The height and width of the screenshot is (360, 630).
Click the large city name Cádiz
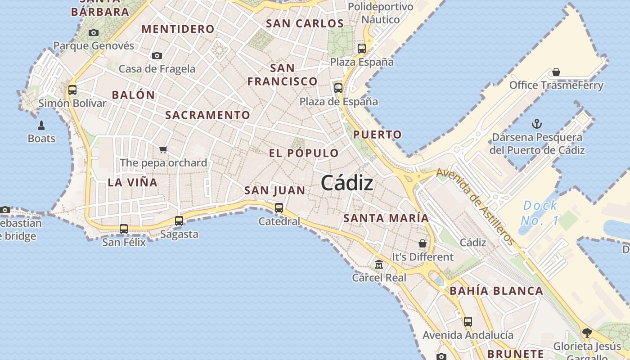[x=347, y=183]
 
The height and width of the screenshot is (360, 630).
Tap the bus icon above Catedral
[x=279, y=208]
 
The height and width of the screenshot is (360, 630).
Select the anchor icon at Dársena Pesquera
[x=536, y=124]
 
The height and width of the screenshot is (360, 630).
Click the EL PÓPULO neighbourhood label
[x=304, y=153]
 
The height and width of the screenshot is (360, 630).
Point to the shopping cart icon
[x=163, y=149]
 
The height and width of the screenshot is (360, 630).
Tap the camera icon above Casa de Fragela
[x=157, y=55]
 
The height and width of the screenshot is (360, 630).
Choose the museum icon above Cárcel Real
[x=379, y=264]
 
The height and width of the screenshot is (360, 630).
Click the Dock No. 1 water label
[x=540, y=213]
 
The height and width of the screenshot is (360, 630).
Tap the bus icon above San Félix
[x=124, y=229]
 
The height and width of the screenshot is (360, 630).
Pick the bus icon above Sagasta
[x=179, y=220]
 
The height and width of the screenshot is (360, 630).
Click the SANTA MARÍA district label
[x=386, y=218]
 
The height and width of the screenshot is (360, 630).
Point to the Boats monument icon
[x=41, y=125]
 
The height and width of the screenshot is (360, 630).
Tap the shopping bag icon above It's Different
[x=423, y=243]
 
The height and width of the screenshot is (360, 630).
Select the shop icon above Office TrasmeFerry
[x=556, y=72]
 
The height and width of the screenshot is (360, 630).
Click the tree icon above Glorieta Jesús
[x=587, y=333]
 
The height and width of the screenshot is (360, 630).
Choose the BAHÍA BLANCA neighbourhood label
[x=496, y=291]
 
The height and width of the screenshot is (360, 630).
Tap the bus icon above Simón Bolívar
[x=72, y=90]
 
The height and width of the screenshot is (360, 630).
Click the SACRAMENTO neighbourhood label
[x=207, y=115]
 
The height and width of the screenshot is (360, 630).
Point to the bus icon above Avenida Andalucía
[x=468, y=321]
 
